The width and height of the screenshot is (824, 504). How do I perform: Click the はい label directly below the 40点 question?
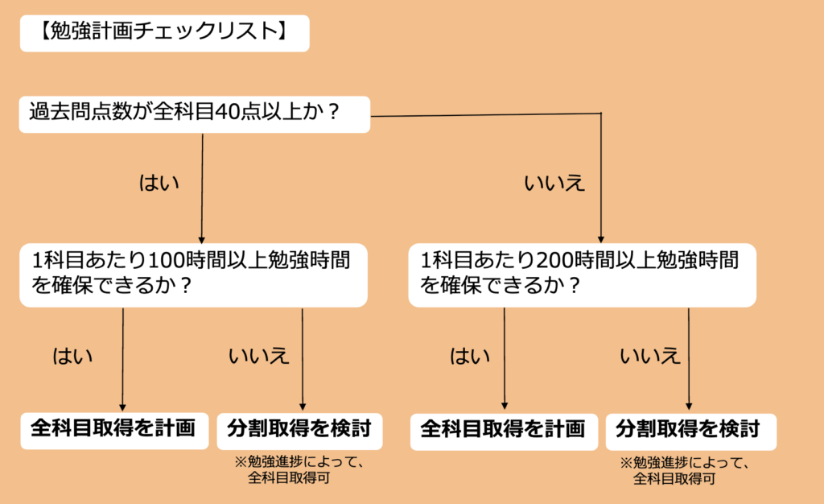[x=159, y=183]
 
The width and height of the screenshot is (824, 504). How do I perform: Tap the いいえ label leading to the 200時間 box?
[x=554, y=184]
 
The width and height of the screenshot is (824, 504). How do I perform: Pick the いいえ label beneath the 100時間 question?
[x=258, y=355]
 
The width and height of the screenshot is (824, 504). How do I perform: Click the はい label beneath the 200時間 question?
[x=470, y=355]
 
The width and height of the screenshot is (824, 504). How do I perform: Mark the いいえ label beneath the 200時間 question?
[x=650, y=355]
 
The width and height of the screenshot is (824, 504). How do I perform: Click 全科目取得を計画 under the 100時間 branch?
[x=113, y=428]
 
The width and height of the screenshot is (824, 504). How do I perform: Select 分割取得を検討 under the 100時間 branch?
[x=299, y=429]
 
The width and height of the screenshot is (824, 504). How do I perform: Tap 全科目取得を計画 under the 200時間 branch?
[x=504, y=429]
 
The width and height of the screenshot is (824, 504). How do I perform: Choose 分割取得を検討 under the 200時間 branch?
[x=689, y=429]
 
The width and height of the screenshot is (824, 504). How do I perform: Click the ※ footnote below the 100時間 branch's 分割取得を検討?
[x=299, y=470]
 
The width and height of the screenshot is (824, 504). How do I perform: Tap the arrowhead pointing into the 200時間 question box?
[x=601, y=236]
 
